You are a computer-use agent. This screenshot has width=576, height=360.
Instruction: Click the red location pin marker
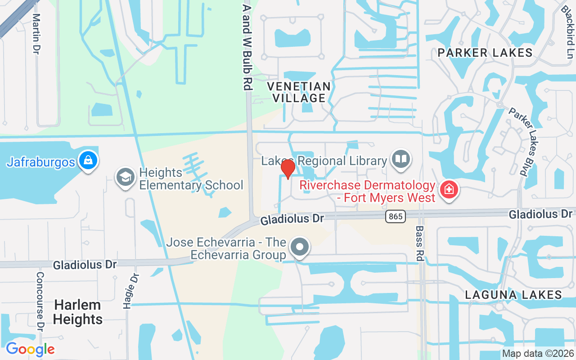pyautogui.click(x=288, y=169)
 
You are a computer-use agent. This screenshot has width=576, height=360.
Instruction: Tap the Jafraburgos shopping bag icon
pyautogui.click(x=89, y=160)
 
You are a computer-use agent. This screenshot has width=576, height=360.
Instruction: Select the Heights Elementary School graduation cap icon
pyautogui.click(x=126, y=177)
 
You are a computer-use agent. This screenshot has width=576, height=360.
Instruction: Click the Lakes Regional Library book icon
pyautogui.click(x=400, y=159)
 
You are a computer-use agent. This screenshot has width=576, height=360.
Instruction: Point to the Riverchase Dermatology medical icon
pyautogui.click(x=449, y=190)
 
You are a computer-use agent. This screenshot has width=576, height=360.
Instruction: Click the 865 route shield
pyautogui.click(x=396, y=216)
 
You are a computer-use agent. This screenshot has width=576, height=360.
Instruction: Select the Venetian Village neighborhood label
pyautogui.click(x=299, y=92)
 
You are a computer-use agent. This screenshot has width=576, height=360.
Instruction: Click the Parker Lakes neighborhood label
pyautogui.click(x=485, y=53)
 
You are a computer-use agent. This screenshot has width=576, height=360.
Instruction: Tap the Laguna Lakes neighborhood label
pyautogui.click(x=513, y=295)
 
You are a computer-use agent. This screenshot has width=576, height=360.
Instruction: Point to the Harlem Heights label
pyautogui.click(x=78, y=312)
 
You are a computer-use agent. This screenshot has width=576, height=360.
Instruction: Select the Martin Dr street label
pyautogui.click(x=36, y=33)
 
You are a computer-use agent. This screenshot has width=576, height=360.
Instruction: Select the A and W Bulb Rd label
pyautogui.click(x=247, y=47)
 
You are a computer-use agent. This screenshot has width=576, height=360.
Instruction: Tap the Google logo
pyautogui.click(x=30, y=349)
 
